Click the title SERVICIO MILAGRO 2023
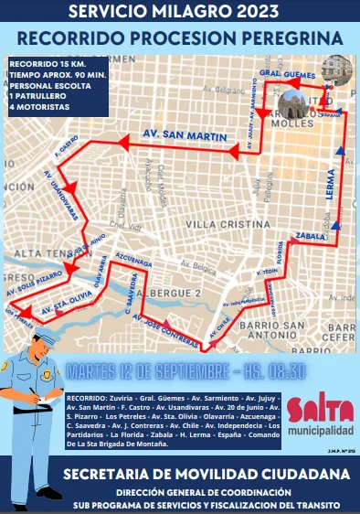[180, 13]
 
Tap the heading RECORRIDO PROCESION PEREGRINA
[180, 38]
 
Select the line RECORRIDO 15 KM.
[37, 62]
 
